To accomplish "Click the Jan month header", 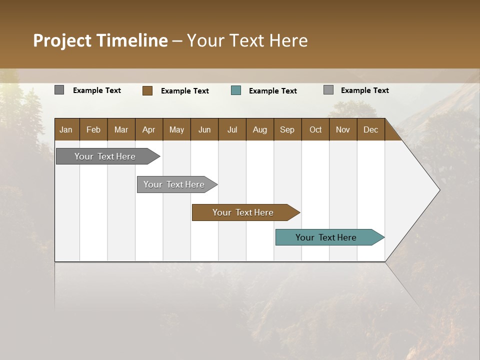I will (x=66, y=129).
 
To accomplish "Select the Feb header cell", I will (x=93, y=129).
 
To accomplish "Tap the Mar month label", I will (x=121, y=129).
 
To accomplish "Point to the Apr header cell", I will (x=149, y=129).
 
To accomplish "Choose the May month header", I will (x=176, y=129).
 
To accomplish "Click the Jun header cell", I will (x=204, y=129).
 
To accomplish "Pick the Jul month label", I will (x=232, y=129).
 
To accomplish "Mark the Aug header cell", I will (x=260, y=129).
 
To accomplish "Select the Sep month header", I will (x=287, y=129).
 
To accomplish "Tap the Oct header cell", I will (x=315, y=129).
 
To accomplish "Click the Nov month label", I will (x=343, y=129).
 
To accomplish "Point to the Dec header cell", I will (x=371, y=129).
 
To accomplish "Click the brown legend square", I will (x=147, y=90).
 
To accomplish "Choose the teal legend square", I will (x=236, y=90).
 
